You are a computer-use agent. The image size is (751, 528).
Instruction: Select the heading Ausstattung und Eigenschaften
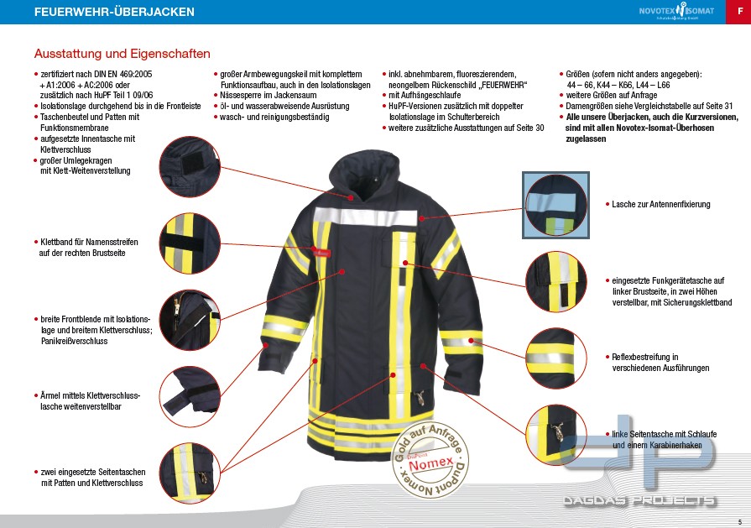[122, 54]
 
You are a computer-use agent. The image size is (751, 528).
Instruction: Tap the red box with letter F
[738, 12]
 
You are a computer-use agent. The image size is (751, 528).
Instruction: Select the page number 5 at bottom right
[739, 521]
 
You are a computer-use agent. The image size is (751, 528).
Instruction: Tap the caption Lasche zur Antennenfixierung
[660, 204]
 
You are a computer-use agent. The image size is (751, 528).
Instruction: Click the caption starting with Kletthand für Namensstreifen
[88, 247]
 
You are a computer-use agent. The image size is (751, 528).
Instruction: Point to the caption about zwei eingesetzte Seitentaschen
[92, 477]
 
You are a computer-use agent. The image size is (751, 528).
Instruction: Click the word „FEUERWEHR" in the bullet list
[498, 86]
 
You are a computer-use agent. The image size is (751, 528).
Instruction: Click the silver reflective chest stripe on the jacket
[369, 216]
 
